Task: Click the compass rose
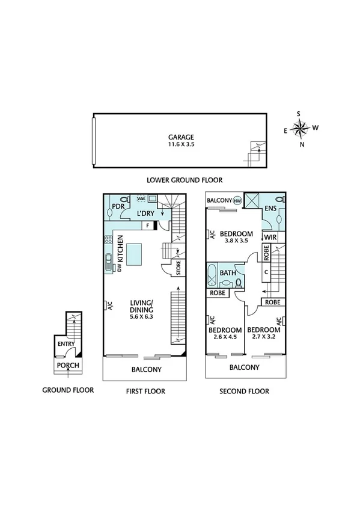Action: pyautogui.click(x=300, y=127)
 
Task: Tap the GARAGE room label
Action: pyautogui.click(x=181, y=137)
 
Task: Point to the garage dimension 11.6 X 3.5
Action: pyautogui.click(x=181, y=146)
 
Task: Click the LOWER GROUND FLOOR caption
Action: pyautogui.click(x=185, y=180)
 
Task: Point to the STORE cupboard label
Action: pyautogui.click(x=178, y=265)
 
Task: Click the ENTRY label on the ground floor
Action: pyautogui.click(x=66, y=344)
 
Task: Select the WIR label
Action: pyautogui.click(x=270, y=238)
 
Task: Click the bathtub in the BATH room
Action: pyautogui.click(x=210, y=277)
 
